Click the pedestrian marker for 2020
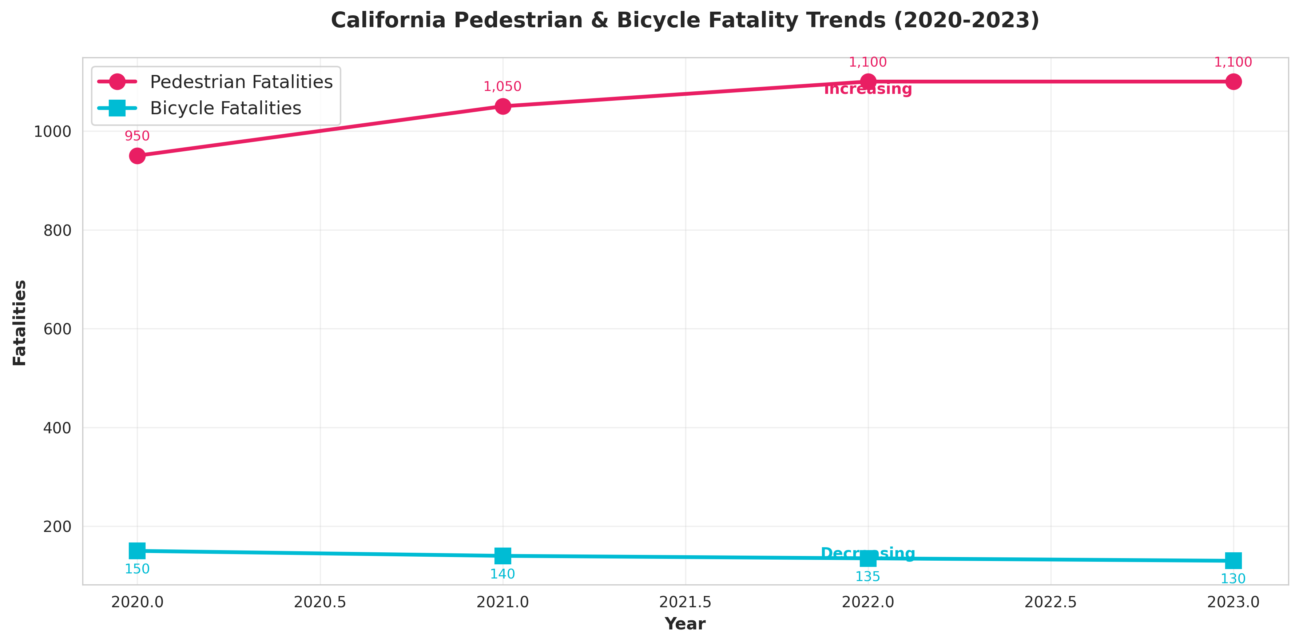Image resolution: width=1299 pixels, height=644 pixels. click(x=137, y=156)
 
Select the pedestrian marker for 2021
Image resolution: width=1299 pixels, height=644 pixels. click(x=502, y=106)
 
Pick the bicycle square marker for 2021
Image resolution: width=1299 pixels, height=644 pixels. click(x=502, y=556)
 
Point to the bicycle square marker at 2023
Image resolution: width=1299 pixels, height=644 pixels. click(x=1233, y=560)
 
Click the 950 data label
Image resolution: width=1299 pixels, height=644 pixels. click(x=137, y=136)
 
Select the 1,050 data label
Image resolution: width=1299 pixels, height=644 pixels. click(x=502, y=87)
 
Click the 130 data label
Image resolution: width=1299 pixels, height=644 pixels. click(x=1233, y=579)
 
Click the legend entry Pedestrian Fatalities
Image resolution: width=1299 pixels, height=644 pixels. click(x=241, y=82)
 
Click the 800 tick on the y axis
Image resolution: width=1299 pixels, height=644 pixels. click(x=57, y=230)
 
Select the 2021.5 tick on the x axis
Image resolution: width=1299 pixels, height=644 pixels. click(x=685, y=602)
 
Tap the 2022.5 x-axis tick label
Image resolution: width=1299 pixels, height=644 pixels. click(x=1050, y=602)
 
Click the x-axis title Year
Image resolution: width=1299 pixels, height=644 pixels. click(x=685, y=624)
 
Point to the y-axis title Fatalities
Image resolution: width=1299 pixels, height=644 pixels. click(x=20, y=323)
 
